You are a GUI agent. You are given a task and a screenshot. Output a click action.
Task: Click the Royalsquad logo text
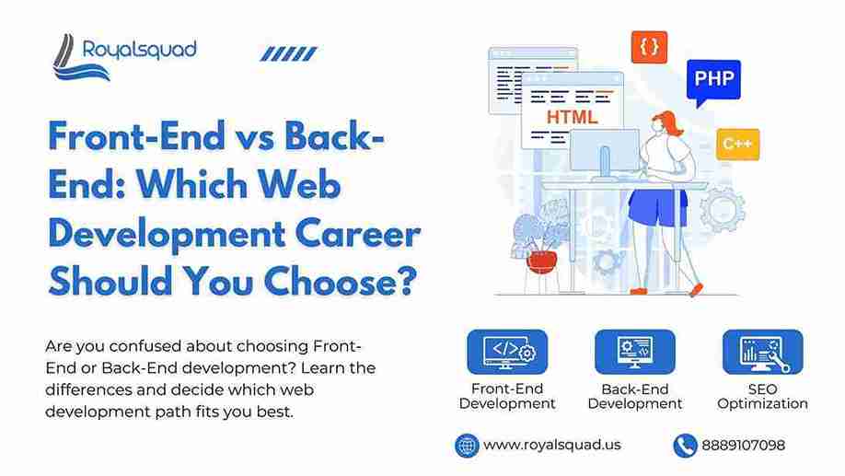click(140, 51)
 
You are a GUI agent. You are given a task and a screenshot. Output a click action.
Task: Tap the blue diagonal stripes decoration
click(289, 54)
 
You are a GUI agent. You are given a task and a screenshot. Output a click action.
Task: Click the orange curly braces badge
click(649, 47)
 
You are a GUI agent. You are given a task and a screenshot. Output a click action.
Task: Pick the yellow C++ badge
click(737, 144)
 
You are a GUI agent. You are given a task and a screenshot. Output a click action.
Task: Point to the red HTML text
click(572, 117)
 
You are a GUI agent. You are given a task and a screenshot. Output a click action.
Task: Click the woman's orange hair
click(669, 122)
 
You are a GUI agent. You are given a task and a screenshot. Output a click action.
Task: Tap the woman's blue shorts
click(657, 207)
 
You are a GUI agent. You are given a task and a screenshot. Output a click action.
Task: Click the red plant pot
click(541, 262)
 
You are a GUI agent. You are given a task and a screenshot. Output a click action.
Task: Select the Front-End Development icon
click(507, 352)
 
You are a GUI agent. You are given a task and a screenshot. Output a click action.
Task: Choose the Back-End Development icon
click(635, 352)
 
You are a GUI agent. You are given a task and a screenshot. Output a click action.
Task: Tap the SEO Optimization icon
click(762, 352)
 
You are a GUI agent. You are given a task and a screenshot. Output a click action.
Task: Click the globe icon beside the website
click(467, 446)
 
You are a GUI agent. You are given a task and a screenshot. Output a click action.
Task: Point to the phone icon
click(685, 446)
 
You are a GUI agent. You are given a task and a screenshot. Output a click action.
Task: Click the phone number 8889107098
click(743, 446)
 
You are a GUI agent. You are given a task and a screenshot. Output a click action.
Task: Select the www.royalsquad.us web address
click(552, 445)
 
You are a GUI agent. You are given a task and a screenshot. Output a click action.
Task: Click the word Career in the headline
click(358, 235)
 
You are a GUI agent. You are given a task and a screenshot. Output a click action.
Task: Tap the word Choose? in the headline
click(341, 282)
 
